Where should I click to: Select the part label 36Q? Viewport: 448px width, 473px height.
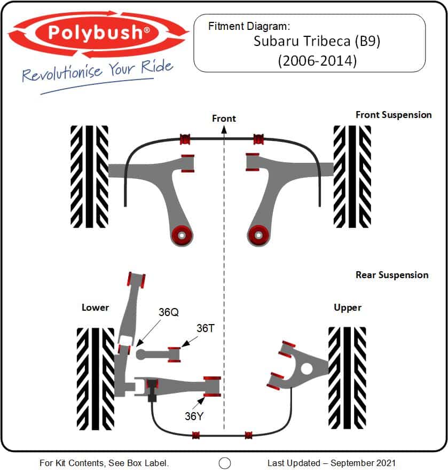point(169,312)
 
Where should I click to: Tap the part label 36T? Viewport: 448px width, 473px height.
point(205,328)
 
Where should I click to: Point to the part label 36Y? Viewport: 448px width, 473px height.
point(194,416)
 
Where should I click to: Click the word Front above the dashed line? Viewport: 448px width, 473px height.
point(224,118)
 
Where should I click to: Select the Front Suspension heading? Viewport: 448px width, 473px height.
point(394,115)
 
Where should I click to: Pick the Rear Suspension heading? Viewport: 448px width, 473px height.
point(392,275)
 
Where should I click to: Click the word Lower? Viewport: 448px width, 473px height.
point(95,308)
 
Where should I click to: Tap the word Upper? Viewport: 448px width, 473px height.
point(348,308)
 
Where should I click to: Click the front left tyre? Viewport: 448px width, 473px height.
point(89,176)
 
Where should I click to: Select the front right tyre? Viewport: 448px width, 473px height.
point(352,176)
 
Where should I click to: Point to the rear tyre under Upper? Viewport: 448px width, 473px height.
point(347,377)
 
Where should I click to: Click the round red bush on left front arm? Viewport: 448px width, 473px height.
point(182,234)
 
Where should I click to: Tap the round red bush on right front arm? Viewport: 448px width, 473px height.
point(259,234)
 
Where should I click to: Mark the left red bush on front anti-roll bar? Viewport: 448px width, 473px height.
point(185,139)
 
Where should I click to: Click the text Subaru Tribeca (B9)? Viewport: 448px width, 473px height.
point(317,42)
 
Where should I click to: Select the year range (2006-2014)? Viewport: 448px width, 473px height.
point(317,60)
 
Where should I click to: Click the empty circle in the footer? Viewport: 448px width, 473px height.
point(225,463)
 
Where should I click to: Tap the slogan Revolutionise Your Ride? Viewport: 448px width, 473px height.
point(98,71)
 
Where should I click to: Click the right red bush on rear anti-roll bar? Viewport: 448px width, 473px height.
point(248,435)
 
